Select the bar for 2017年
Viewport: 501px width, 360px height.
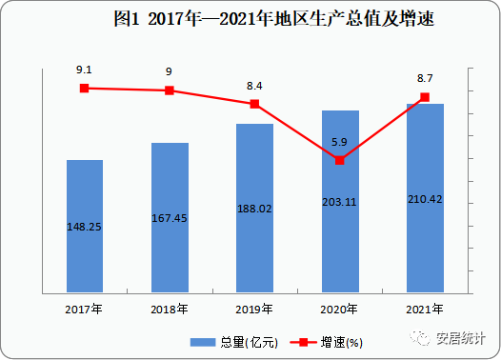pyautogui.click(x=84, y=225)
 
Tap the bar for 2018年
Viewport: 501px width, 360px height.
pyautogui.click(x=170, y=217)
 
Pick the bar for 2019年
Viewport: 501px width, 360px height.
pyautogui.click(x=254, y=208)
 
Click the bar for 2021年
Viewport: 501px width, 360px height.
pyautogui.click(x=425, y=197)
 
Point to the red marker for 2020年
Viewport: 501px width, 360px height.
pyautogui.click(x=340, y=160)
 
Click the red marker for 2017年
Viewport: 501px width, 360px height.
pyautogui.click(x=84, y=88)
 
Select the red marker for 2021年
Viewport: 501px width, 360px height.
pyautogui.click(x=425, y=97)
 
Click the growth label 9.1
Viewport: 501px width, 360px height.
pyautogui.click(x=84, y=70)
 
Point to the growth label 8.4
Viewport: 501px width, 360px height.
pyautogui.click(x=254, y=86)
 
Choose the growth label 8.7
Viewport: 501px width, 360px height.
pyautogui.click(x=425, y=79)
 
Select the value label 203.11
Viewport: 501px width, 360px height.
pyautogui.click(x=340, y=201)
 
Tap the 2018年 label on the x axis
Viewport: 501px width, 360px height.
pyautogui.click(x=170, y=310)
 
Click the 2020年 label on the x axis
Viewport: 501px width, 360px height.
pyautogui.click(x=340, y=310)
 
